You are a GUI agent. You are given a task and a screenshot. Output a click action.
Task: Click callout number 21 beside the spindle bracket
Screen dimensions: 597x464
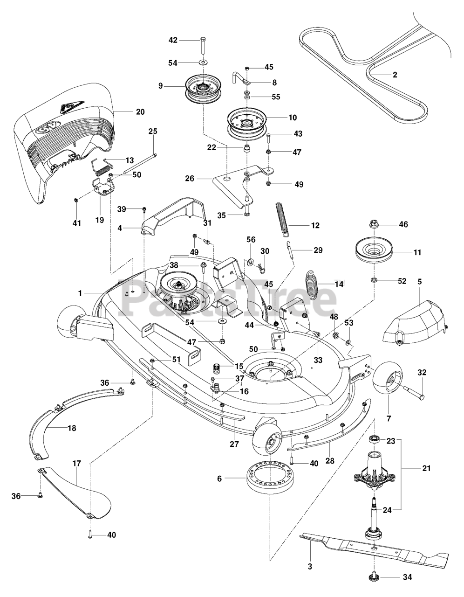pyautogui.click(x=426, y=468)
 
